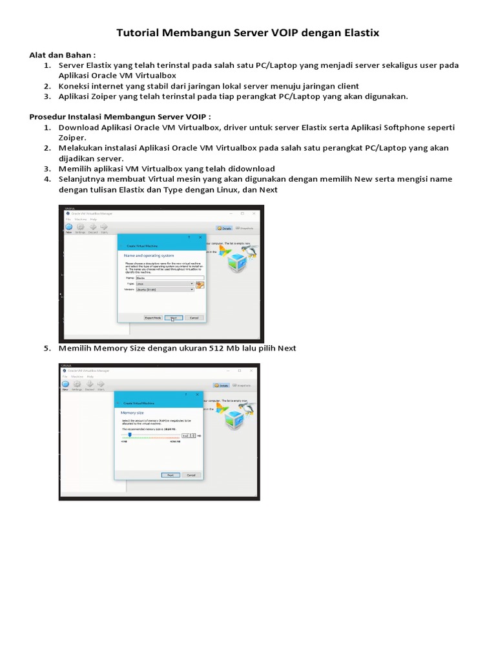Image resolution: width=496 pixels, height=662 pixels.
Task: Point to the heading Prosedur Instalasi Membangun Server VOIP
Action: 120,116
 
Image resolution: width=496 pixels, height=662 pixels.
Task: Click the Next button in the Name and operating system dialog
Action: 173,317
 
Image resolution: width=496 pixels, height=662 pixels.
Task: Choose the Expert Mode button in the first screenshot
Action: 153,317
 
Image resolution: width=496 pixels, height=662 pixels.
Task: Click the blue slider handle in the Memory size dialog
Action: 130,435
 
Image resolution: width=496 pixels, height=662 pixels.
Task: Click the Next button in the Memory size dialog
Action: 170,475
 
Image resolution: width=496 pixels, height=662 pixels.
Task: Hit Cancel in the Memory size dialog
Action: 191,475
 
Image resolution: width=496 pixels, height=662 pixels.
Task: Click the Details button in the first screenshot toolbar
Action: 224,228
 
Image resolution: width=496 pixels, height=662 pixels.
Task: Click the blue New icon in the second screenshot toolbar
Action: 65,385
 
